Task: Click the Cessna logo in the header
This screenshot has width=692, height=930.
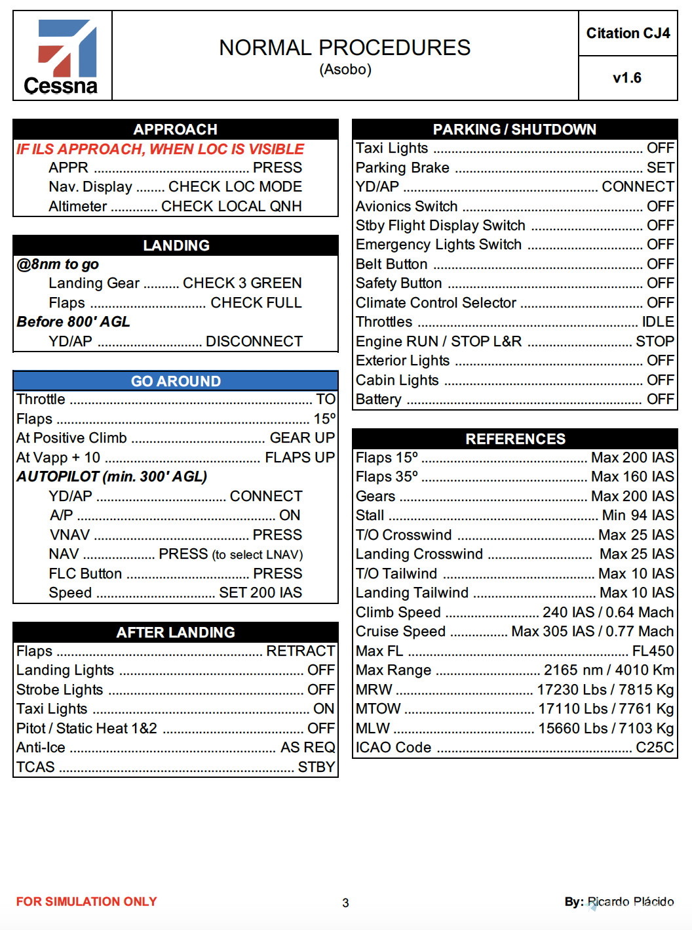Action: (62, 56)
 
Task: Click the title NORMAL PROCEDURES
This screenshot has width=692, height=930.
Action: (345, 48)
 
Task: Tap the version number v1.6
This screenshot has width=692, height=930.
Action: (627, 78)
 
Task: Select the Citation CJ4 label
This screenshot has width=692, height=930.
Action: (628, 33)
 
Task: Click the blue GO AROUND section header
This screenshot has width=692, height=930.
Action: (176, 381)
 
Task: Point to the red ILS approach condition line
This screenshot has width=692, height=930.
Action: (160, 150)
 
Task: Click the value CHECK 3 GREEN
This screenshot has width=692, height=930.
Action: (242, 283)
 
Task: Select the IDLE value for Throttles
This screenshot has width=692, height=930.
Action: (658, 322)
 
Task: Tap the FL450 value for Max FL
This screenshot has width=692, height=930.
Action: (653, 651)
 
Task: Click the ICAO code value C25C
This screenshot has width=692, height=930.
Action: (655, 748)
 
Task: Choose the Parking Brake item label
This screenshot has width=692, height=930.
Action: (402, 168)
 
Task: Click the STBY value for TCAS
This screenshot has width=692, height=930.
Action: (317, 767)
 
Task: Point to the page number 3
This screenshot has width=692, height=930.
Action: (345, 903)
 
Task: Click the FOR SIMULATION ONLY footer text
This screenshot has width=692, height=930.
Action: (86, 902)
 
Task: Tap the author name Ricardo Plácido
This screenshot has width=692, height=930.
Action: (630, 902)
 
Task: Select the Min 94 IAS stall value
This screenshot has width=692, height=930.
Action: (638, 516)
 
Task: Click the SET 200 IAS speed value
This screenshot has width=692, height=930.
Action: (260, 593)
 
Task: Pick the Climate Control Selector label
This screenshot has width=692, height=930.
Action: (436, 303)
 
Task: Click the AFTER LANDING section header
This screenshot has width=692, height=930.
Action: (176, 632)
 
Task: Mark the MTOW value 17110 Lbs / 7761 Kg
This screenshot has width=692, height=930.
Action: (605, 709)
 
